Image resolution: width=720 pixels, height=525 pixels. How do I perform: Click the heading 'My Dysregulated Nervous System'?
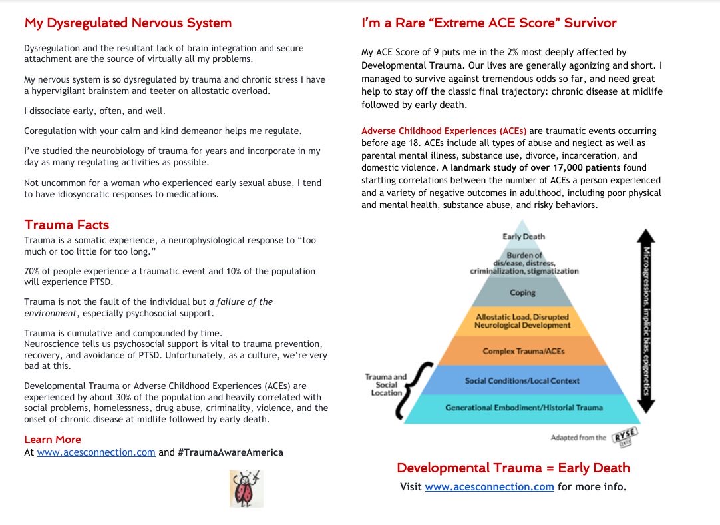click(x=128, y=23)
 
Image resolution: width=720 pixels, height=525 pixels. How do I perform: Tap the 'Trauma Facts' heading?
click(x=67, y=225)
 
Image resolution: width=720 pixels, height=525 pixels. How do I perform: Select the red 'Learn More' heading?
click(x=53, y=439)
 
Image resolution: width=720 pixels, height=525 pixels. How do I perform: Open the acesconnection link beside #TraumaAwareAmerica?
click(x=96, y=452)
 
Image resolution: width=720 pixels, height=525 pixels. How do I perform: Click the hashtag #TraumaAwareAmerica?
click(x=230, y=452)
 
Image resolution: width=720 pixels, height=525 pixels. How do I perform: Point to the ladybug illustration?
click(x=246, y=488)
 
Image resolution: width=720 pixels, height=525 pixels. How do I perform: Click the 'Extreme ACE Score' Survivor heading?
click(x=488, y=23)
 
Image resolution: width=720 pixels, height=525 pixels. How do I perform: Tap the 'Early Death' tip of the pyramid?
click(x=524, y=237)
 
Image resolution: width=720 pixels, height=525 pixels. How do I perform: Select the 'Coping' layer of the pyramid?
click(x=523, y=292)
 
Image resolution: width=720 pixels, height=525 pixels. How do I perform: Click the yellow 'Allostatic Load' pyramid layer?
click(x=522, y=321)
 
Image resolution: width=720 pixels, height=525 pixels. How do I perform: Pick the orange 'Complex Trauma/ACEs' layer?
click(x=523, y=351)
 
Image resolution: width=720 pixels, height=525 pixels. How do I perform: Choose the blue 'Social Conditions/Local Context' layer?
click(x=522, y=380)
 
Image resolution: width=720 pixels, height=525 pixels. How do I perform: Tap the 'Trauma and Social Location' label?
click(x=385, y=384)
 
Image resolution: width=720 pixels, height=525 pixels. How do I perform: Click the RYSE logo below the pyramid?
click(x=625, y=436)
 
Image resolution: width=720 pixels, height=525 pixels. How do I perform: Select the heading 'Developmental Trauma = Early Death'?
click(x=513, y=468)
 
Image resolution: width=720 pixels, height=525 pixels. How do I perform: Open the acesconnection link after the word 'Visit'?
click(x=489, y=486)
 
